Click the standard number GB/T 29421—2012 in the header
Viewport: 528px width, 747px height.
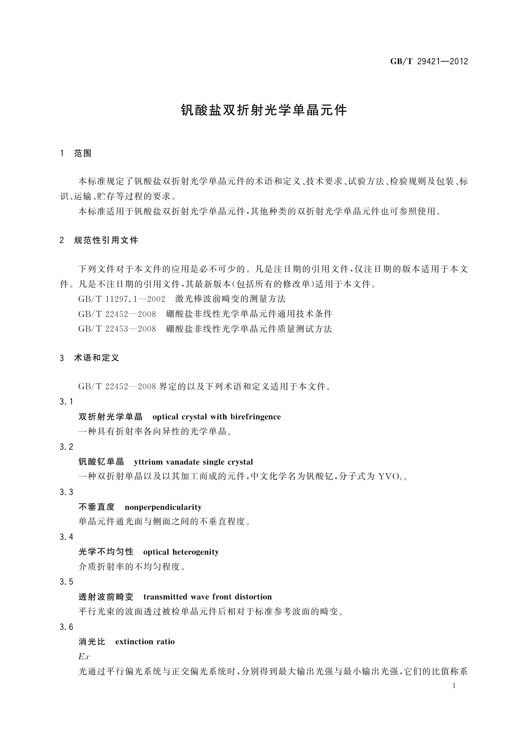(429, 62)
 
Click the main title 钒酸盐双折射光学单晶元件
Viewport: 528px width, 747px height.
(264, 110)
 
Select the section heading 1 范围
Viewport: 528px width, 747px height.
(76, 153)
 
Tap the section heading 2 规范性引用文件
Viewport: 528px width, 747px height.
(99, 240)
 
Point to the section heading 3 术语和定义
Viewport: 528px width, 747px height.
(90, 358)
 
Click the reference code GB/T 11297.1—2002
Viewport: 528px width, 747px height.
(122, 299)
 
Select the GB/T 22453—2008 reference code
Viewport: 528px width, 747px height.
(117, 329)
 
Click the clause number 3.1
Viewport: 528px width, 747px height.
(66, 401)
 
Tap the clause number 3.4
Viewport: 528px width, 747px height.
(66, 537)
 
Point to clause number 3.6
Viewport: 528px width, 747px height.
(66, 627)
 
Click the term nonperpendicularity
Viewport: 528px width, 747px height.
(163, 507)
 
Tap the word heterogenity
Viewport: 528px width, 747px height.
(196, 552)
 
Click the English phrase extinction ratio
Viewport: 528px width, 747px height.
(145, 642)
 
